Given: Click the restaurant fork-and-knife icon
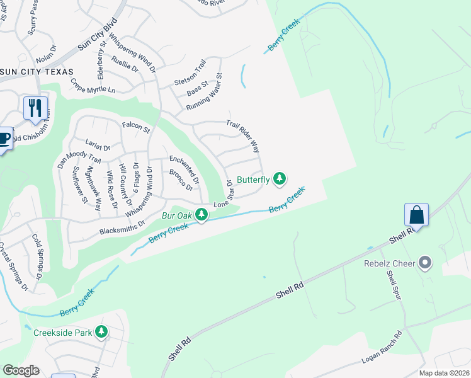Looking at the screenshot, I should pyautogui.click(x=35, y=107).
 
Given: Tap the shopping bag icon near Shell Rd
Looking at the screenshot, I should pyautogui.click(x=417, y=215).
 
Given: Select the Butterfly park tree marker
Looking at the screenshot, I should pyautogui.click(x=280, y=180).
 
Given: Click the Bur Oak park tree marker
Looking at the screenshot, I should pyautogui.click(x=201, y=215).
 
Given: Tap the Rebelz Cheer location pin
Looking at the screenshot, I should pyautogui.click(x=426, y=263).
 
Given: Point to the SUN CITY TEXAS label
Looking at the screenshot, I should pyautogui.click(x=37, y=72).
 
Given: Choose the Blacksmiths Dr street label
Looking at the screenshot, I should pyautogui.click(x=122, y=227).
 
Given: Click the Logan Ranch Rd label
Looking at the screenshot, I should pyautogui.click(x=382, y=348).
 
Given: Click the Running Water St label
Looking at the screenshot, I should pyautogui.click(x=204, y=93).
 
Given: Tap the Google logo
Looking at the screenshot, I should pyautogui.click(x=21, y=370).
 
